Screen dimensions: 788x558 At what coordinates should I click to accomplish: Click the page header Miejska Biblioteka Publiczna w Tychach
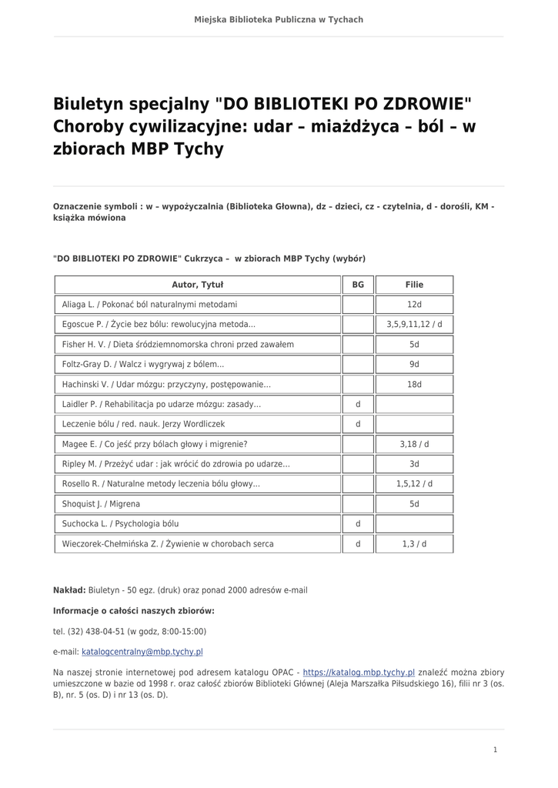pyautogui.click(x=279, y=19)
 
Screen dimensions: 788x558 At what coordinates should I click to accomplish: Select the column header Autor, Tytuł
pyautogui.click(x=197, y=285)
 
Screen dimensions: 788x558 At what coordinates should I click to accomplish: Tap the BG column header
pyautogui.click(x=358, y=285)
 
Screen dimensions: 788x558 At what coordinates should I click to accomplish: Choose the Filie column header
pyautogui.click(x=414, y=285)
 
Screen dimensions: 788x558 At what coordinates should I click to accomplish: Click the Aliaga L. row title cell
pyautogui.click(x=149, y=305)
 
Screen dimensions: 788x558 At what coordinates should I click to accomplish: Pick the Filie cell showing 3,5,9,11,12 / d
pyautogui.click(x=414, y=325)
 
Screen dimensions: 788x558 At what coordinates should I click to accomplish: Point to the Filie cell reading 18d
pyautogui.click(x=414, y=384)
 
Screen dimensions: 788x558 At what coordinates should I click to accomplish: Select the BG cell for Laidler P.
pyautogui.click(x=358, y=404)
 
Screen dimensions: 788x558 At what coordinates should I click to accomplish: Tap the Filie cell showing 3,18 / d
pyautogui.click(x=414, y=444)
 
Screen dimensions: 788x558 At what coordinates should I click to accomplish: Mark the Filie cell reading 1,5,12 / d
pyautogui.click(x=414, y=484)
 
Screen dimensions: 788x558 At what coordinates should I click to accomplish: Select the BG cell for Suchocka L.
pyautogui.click(x=358, y=524)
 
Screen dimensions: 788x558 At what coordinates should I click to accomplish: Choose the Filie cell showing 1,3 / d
pyautogui.click(x=414, y=544)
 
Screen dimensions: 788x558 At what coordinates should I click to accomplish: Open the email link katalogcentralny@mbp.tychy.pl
pyautogui.click(x=142, y=652)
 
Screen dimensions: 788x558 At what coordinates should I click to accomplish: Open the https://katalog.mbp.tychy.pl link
pyautogui.click(x=359, y=672)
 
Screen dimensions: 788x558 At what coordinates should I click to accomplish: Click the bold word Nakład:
pyautogui.click(x=69, y=590)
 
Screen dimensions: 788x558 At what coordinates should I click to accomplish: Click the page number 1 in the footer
pyautogui.click(x=495, y=750)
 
